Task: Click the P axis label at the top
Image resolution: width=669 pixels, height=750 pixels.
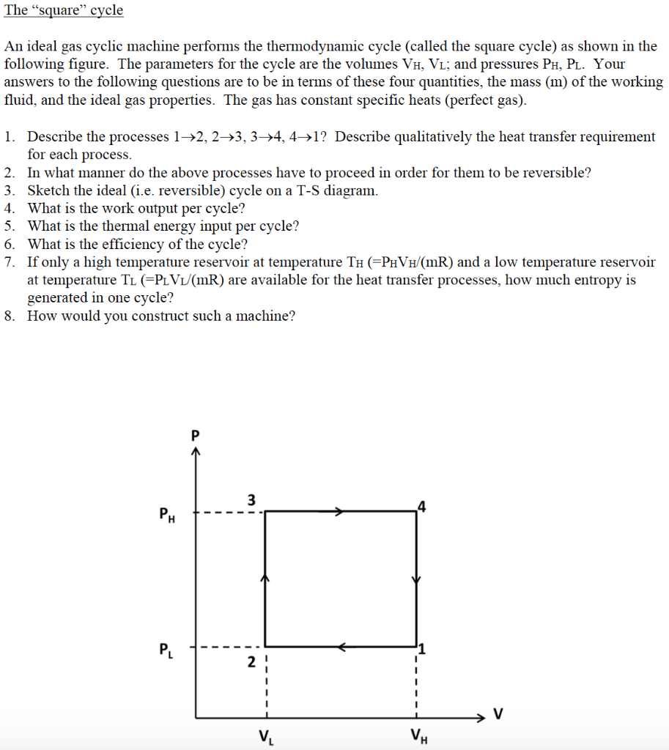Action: [195, 434]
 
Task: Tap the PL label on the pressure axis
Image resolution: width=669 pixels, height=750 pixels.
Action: [166, 650]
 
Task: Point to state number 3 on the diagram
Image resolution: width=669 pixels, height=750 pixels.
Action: [251, 500]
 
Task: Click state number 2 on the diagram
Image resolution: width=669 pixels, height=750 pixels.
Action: [251, 663]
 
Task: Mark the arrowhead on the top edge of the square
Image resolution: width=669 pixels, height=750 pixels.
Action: [339, 512]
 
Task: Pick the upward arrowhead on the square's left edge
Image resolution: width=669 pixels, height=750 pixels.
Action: [265, 579]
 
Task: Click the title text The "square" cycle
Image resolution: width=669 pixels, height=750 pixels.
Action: [64, 11]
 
